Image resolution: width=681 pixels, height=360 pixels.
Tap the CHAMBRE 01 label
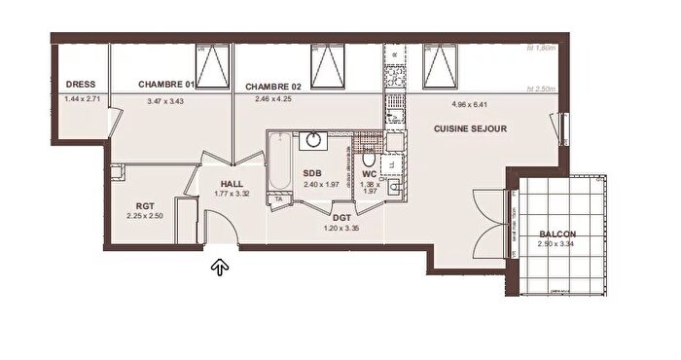167,85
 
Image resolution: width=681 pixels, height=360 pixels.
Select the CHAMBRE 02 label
275,85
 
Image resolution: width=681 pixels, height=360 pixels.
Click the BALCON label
557,234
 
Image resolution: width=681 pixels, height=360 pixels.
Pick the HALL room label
232,183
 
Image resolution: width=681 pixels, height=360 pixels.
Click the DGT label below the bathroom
341,219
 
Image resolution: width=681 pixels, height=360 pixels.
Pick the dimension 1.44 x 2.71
82,99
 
